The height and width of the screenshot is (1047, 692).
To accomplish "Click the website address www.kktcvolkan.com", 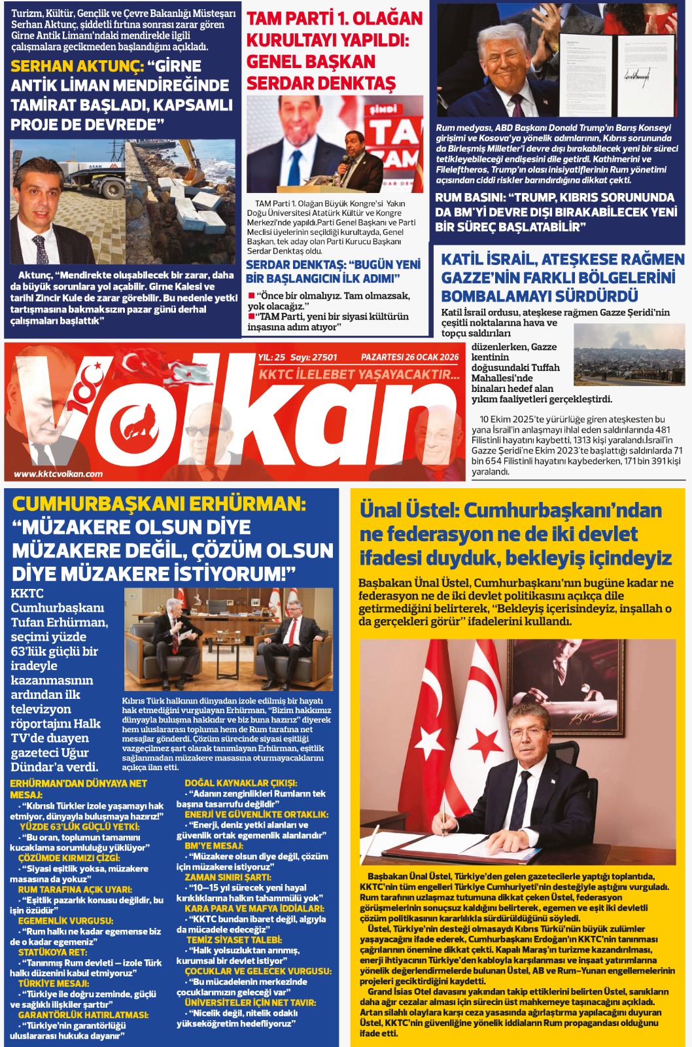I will [58, 474].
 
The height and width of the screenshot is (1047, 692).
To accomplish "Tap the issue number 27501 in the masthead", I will [324, 357].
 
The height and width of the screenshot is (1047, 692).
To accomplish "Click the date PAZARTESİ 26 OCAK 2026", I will [409, 357].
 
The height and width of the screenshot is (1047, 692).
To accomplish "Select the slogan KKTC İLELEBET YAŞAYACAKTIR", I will [358, 374].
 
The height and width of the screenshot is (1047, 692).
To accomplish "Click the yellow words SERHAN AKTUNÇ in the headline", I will [77, 66].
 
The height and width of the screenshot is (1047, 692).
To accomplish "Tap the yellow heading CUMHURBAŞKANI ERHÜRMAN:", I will [159, 504].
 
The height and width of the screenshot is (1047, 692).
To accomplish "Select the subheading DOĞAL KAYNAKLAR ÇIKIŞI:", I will [241, 783].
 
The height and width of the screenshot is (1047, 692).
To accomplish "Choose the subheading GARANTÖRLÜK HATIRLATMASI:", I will [74, 1015].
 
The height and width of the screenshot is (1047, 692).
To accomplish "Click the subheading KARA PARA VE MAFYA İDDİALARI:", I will [254, 908].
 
